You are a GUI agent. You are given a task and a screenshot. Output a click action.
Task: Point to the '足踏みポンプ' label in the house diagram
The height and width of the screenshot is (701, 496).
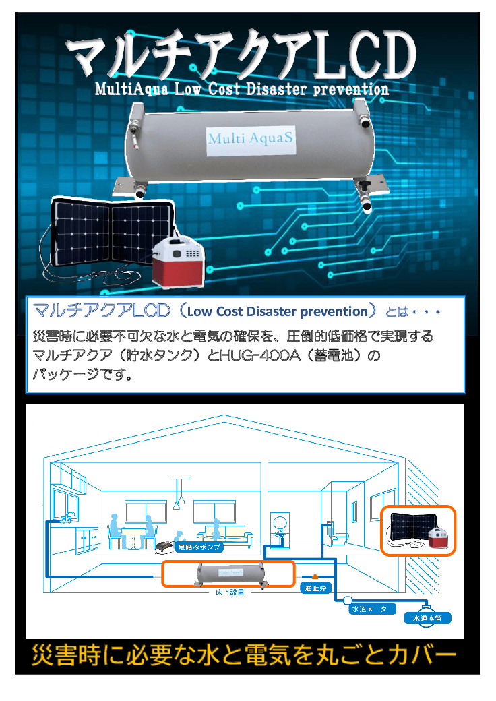197,548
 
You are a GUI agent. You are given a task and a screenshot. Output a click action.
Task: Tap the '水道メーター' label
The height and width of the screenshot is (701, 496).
372,609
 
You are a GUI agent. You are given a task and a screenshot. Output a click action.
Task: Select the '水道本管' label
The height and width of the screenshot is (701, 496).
427,617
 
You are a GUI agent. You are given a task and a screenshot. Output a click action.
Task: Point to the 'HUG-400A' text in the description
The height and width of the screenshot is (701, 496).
257,355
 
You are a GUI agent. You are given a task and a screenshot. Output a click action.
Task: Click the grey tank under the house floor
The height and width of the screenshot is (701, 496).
228,574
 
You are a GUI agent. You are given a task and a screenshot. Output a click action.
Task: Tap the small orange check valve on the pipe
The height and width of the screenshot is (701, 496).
314,577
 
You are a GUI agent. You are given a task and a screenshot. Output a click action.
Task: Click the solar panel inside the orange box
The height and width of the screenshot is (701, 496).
406,526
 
